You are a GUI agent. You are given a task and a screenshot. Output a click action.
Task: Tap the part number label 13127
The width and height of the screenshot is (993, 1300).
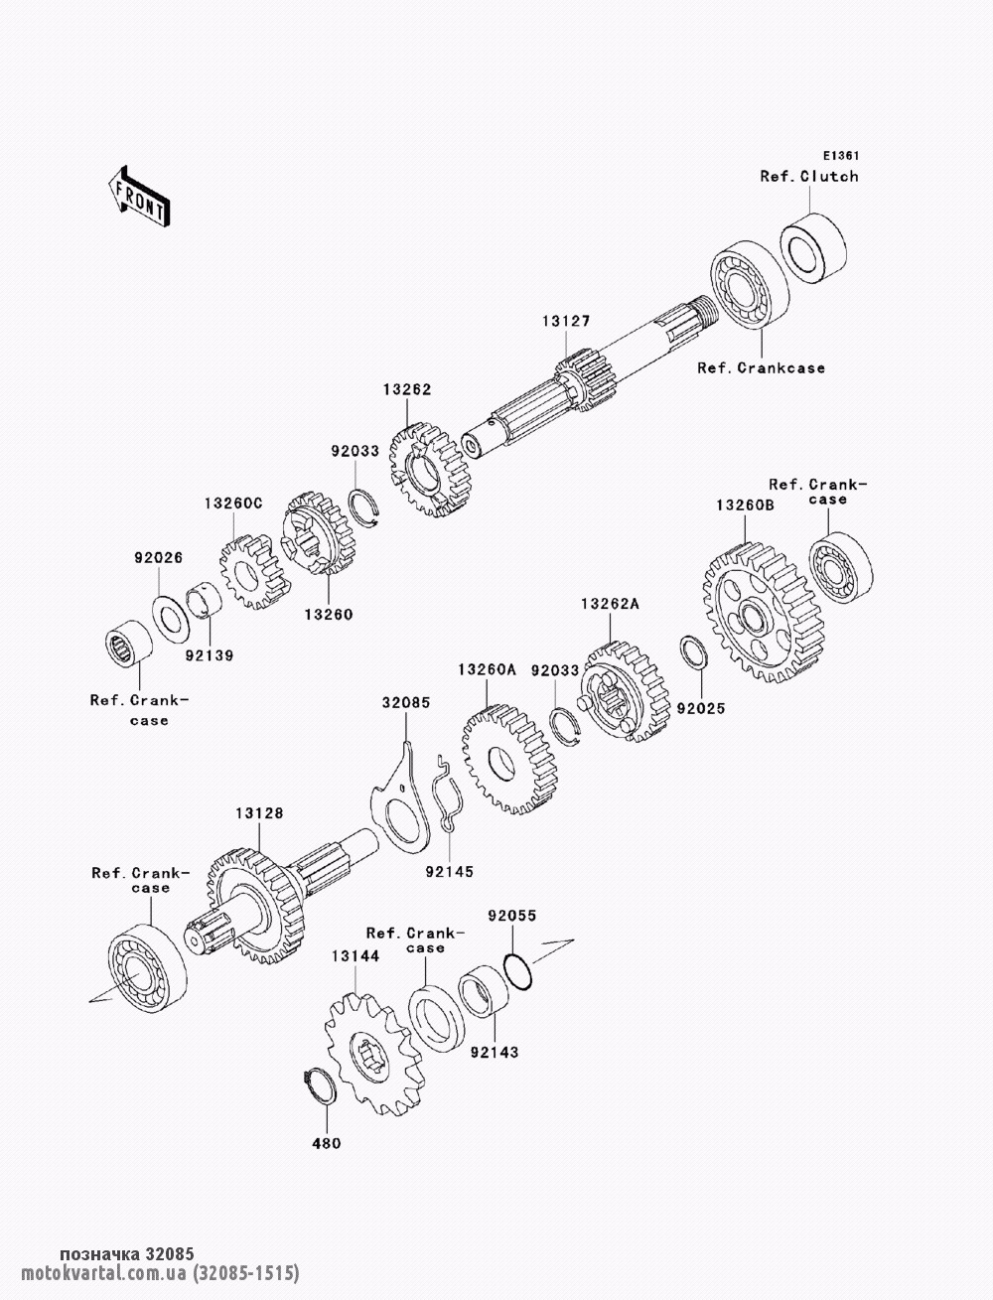[566, 321]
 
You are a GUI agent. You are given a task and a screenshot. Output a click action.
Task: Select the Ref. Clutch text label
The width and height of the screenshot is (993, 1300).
[809, 177]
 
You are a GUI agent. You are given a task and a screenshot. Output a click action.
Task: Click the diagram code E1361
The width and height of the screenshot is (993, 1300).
[841, 156]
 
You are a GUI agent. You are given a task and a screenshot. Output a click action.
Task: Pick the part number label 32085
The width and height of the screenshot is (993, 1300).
[405, 703]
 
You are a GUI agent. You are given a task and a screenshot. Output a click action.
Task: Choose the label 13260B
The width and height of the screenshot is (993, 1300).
[745, 506]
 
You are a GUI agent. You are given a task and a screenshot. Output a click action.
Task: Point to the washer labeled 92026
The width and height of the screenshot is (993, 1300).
[171, 618]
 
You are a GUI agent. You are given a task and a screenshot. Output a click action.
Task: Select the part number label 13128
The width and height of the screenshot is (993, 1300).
[259, 813]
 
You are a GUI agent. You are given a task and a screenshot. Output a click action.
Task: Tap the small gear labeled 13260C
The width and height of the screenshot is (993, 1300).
[253, 572]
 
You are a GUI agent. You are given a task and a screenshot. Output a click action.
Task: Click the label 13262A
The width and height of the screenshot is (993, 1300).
[610, 604]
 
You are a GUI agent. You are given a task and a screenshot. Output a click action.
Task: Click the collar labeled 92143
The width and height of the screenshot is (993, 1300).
[484, 990]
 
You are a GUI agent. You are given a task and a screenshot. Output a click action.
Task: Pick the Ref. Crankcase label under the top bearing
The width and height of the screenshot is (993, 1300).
[761, 367]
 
